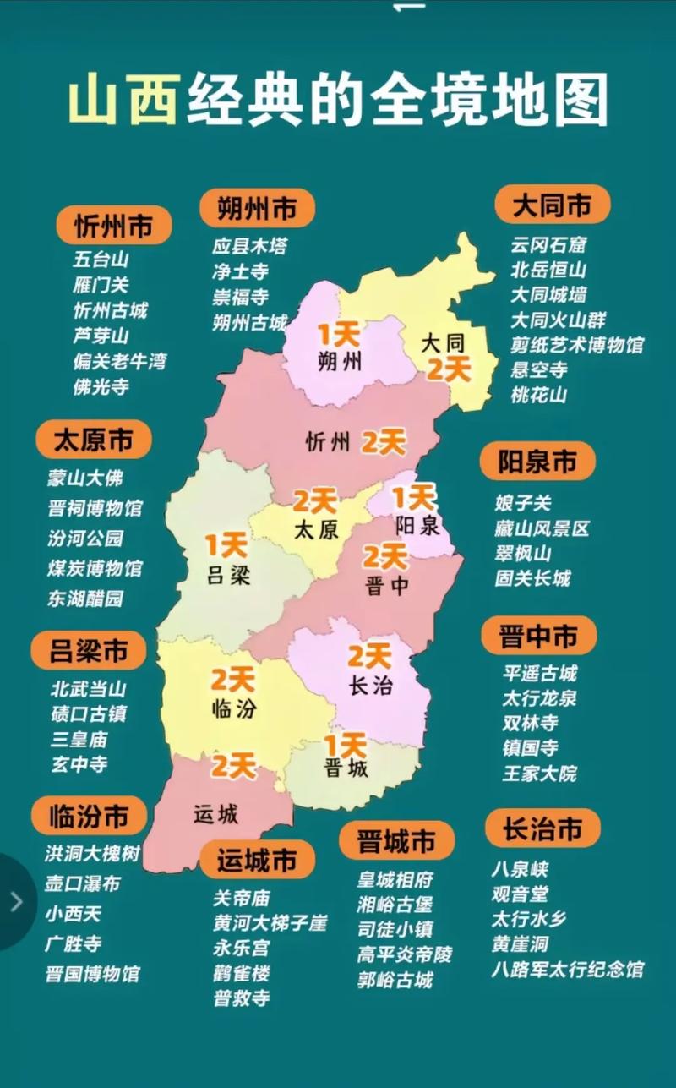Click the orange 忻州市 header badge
coord(113,226)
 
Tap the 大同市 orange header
coord(552,205)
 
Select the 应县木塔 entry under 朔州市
coord(249,247)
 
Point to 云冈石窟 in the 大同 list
coord(548,245)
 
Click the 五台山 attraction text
coord(101,260)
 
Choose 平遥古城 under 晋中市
coord(539,674)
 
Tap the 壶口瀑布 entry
coord(82,884)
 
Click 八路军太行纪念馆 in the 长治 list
coord(567,969)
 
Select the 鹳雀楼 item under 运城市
coord(242,973)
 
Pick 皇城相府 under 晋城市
coord(395,880)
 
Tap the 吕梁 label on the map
coord(229,577)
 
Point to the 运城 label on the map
coord(215,815)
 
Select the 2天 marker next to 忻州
coord(384,441)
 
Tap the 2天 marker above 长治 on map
coord(368,655)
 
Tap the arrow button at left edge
coord(15,901)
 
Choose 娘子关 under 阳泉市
coord(523,503)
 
